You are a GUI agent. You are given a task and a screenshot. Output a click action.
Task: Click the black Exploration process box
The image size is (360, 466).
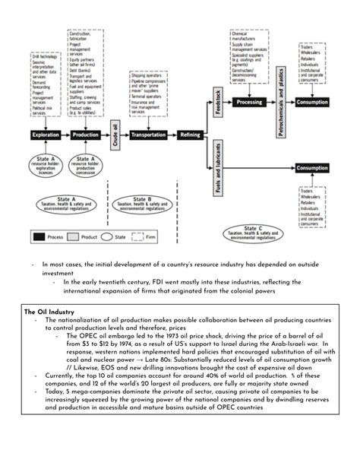(x=47, y=135)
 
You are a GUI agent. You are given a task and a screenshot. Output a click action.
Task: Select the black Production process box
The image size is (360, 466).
(x=86, y=135)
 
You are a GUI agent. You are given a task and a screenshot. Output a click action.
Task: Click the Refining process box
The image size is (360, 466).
(x=190, y=135)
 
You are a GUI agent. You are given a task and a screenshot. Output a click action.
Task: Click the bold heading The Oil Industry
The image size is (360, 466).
(x=49, y=311)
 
